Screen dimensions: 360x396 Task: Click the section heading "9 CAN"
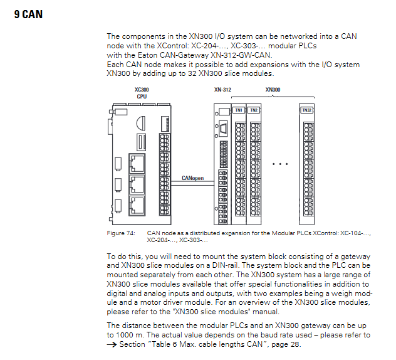tap(28, 14)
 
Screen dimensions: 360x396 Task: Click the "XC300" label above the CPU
tap(142, 90)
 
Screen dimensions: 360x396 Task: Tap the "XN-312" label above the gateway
tap(222, 90)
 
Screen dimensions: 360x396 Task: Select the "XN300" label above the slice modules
tap(273, 90)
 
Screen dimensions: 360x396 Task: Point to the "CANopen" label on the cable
tap(192, 178)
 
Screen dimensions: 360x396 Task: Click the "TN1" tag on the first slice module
tap(239, 110)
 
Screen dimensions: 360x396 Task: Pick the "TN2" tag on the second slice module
tap(254, 110)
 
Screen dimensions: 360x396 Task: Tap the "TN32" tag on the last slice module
tap(306, 110)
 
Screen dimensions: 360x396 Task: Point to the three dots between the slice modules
tap(279, 164)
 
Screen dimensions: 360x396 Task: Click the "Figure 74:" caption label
tap(121, 233)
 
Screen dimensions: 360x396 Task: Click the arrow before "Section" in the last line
tap(110, 344)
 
